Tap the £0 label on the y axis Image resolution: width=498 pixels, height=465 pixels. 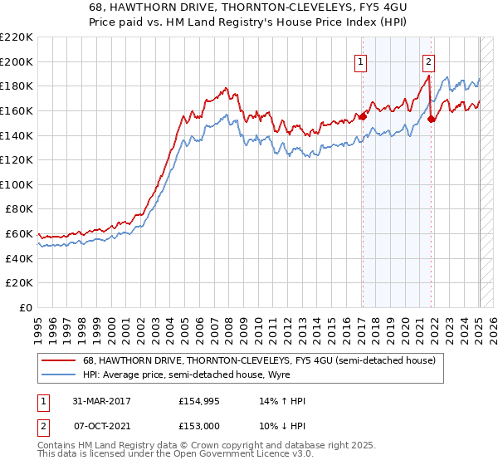[x=26, y=307]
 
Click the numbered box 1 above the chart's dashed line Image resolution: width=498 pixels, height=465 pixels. [x=362, y=61]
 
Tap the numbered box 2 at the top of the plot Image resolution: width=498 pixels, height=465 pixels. [x=428, y=61]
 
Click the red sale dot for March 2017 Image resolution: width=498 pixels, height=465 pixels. [x=363, y=117]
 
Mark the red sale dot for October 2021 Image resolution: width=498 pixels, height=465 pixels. [x=431, y=120]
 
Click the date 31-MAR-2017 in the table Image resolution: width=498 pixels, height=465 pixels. [x=95, y=401]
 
